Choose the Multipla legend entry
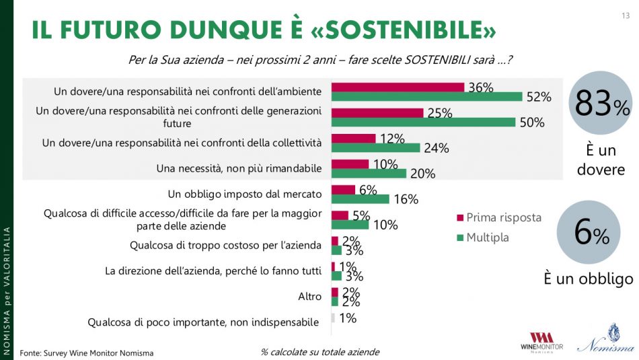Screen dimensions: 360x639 point(486,237)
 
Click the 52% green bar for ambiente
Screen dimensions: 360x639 point(426,97)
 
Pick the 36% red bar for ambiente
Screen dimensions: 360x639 point(398,87)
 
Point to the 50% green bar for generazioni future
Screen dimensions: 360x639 point(423,122)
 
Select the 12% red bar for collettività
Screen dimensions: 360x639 point(353,138)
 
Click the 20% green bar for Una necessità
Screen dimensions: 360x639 point(369,173)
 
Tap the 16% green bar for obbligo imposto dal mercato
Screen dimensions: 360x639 point(361,199)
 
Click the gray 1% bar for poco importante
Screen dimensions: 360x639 point(333,318)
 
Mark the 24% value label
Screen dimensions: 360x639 point(435,148)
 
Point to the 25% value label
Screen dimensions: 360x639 point(439,113)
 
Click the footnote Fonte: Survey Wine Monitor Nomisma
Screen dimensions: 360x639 point(86,353)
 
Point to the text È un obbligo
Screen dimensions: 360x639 point(589,278)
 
